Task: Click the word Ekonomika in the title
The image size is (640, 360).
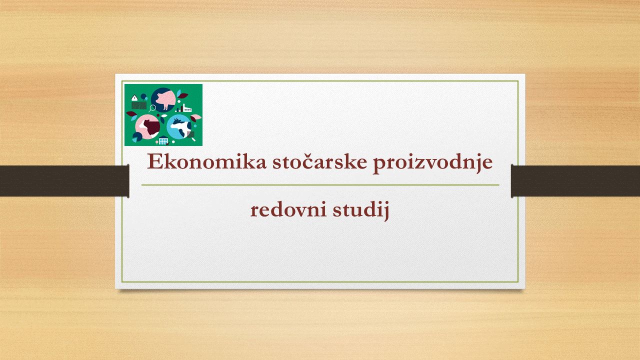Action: coord(206,161)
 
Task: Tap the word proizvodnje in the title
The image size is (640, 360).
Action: coord(433,163)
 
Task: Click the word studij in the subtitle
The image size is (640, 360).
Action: coord(361,211)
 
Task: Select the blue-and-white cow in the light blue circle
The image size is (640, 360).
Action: coord(181,127)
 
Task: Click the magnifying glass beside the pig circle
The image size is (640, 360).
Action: coord(152,108)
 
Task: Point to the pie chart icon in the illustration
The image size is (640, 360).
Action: coord(136,137)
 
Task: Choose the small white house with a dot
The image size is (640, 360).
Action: coord(134,98)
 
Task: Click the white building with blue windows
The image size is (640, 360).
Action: coord(163,140)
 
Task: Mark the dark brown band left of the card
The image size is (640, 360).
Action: coord(64,181)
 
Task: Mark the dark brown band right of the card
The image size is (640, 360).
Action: coord(575,181)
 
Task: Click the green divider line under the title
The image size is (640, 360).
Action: coord(320,185)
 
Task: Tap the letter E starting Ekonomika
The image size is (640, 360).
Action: coord(154,161)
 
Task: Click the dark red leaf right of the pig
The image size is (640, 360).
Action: coord(183,95)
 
